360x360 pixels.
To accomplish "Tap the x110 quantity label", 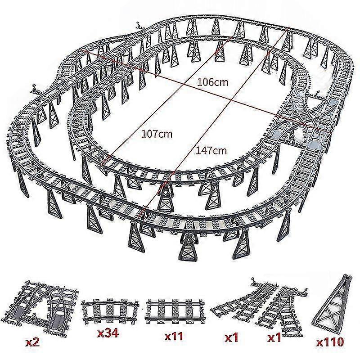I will (x=331, y=342).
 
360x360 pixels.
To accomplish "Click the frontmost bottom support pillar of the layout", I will (x=187, y=248).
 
